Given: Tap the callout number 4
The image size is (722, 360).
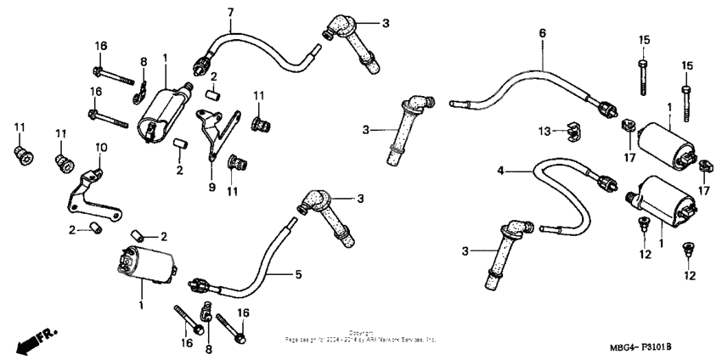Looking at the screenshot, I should pyautogui.click(x=501, y=171).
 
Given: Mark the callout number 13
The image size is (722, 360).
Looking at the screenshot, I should pyautogui.click(x=544, y=131).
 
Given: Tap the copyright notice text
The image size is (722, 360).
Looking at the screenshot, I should pyautogui.click(x=360, y=336).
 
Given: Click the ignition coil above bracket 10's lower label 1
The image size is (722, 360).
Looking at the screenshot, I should pyautogui.click(x=144, y=262).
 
